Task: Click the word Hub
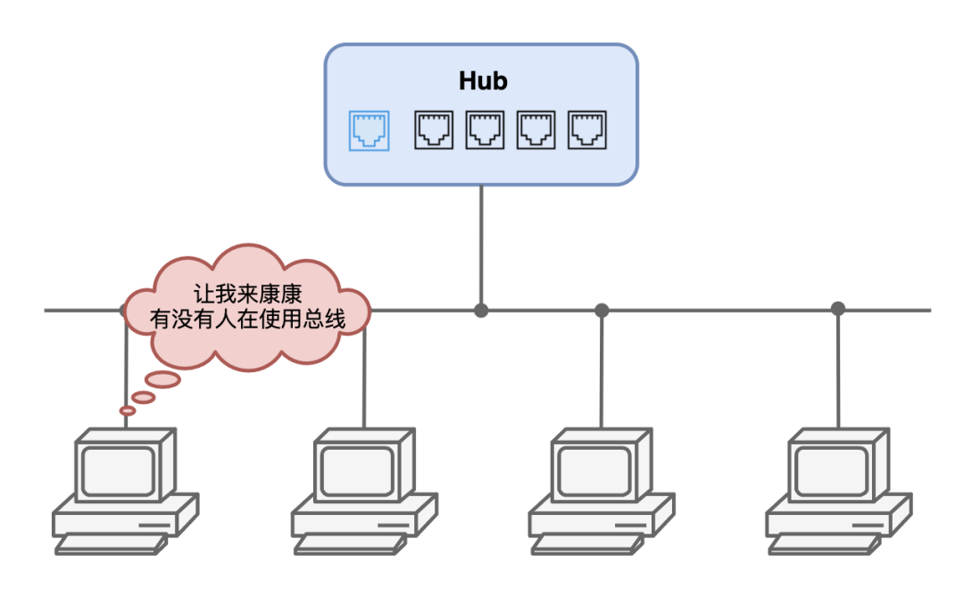pyautogui.click(x=483, y=81)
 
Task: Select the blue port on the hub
pyautogui.click(x=369, y=130)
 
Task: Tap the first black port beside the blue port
pyautogui.click(x=433, y=130)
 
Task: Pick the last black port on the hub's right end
pyautogui.click(x=587, y=130)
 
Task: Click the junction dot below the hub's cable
pyautogui.click(x=481, y=311)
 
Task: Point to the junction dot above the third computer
pyautogui.click(x=602, y=310)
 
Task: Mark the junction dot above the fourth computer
pyautogui.click(x=837, y=309)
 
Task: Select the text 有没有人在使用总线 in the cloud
pyautogui.click(x=248, y=319)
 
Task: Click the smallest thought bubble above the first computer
pyautogui.click(x=128, y=410)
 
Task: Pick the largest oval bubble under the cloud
pyautogui.click(x=162, y=379)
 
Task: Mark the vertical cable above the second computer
pyautogui.click(x=364, y=384)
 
